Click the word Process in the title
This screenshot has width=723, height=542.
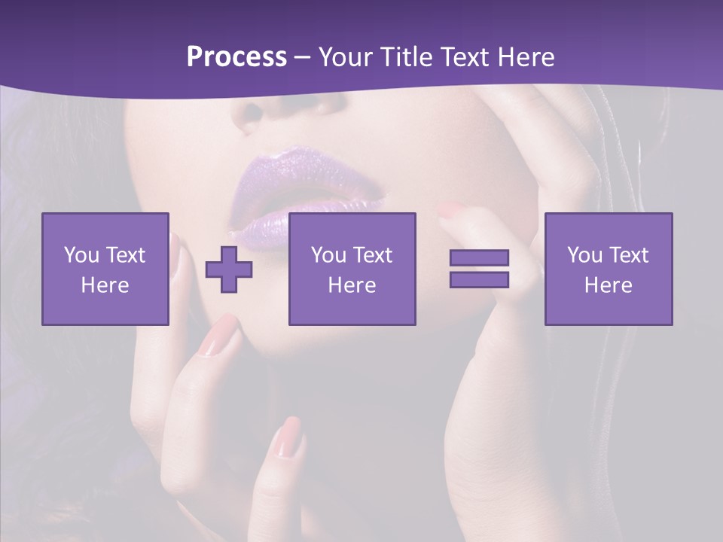click(x=236, y=57)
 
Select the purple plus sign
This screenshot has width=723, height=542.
click(x=229, y=269)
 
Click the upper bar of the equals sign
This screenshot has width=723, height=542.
click(x=479, y=257)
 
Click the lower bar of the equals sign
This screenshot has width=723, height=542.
click(x=479, y=279)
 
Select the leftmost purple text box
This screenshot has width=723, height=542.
click(x=105, y=269)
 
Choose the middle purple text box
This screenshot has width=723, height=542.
click(x=352, y=269)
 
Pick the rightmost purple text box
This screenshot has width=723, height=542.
click(x=609, y=269)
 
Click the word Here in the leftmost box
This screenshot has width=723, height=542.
click(x=105, y=285)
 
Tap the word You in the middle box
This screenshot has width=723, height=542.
click(x=328, y=255)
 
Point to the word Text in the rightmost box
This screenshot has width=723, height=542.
click(x=630, y=255)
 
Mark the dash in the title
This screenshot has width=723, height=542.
click(x=302, y=57)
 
